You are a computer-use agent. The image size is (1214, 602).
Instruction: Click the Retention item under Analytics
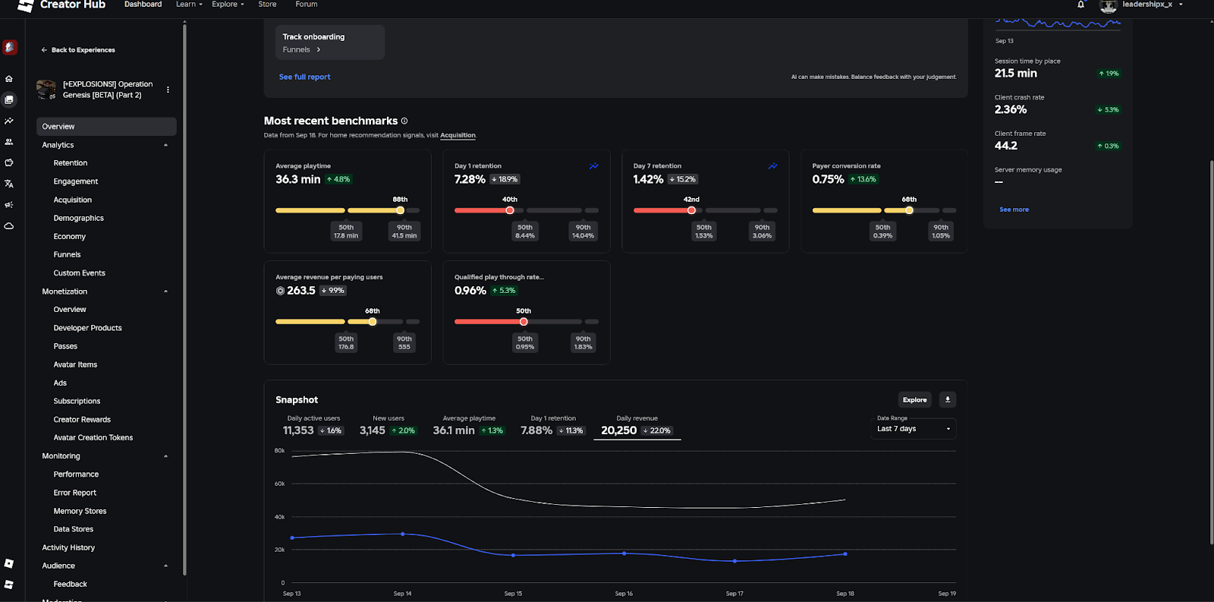pos(71,163)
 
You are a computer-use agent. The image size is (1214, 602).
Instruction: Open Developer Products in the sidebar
pos(87,328)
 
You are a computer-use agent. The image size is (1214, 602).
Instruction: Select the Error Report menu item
pos(74,493)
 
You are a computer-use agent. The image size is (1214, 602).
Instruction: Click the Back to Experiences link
pos(83,50)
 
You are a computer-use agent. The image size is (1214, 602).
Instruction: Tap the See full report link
pos(304,77)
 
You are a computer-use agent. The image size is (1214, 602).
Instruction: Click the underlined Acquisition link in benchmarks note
pos(458,135)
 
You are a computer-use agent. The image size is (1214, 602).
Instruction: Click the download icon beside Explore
pos(947,399)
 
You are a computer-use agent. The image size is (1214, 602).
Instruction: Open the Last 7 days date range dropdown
pos(914,429)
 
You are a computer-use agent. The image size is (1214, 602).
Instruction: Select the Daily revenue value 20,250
pos(618,430)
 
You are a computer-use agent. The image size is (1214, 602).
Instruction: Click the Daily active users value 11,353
pos(298,430)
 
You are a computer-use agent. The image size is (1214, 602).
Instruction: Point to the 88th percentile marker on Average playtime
pos(400,210)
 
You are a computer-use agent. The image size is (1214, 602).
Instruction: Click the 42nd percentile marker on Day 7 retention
pos(691,210)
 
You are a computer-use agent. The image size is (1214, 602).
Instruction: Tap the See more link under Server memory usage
pos(1014,210)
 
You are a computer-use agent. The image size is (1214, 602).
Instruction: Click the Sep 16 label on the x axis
pos(624,594)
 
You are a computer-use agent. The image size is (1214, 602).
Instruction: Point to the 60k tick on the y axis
pos(279,484)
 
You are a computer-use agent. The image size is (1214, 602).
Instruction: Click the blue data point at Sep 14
pos(402,534)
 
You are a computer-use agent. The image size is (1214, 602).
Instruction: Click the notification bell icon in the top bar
pos(1080,5)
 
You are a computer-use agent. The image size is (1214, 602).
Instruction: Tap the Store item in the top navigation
pos(267,5)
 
